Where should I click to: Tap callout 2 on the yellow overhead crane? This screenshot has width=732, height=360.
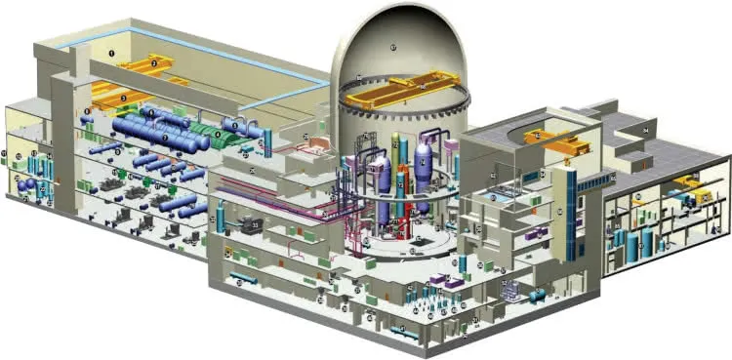coord(155,63)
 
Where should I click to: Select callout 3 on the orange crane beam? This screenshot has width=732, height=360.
coord(124,98)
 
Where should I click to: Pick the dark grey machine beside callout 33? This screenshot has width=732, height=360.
coord(239,225)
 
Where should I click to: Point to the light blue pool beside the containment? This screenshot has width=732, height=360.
coord(498,196)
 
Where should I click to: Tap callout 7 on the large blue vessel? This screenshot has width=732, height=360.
coord(165,138)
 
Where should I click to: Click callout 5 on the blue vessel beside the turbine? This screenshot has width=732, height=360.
coord(233,126)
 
